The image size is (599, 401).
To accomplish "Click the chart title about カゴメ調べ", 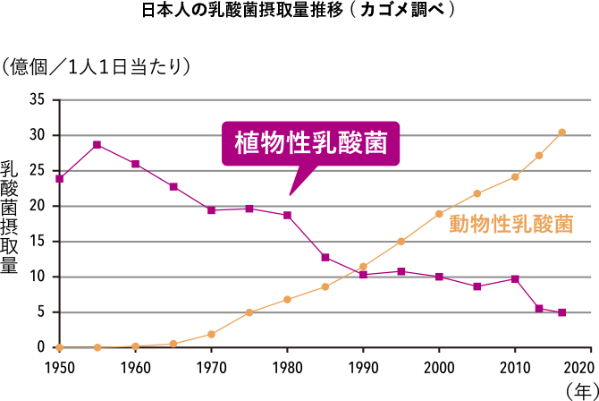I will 299,12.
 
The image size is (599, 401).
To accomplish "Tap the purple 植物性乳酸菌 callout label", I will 310,143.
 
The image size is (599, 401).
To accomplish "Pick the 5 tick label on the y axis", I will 40,312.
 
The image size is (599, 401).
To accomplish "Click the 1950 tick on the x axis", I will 59,367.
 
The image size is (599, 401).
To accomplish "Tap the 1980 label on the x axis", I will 286,367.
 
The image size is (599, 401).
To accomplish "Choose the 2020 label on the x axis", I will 579,367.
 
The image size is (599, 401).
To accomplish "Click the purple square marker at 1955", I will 97,145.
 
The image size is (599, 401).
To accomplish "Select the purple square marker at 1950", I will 59,178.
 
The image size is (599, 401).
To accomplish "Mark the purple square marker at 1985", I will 325,258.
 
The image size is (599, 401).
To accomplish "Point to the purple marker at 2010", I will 515,279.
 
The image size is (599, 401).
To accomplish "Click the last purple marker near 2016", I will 561,312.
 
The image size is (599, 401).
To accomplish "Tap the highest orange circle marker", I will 561,132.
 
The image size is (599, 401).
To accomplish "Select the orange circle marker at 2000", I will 439,214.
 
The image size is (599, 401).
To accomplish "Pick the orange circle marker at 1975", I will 249,312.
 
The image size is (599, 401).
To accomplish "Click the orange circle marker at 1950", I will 59,347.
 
